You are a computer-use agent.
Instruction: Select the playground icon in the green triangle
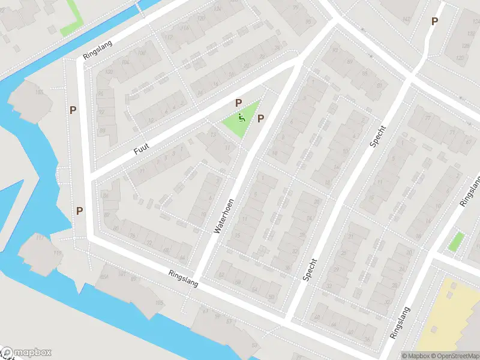pyautogui.click(x=241, y=118)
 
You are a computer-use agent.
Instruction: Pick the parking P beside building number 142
pyautogui.click(x=434, y=21)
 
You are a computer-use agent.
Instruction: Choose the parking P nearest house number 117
pyautogui.click(x=79, y=211)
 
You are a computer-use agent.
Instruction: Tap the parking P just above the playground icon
pyautogui.click(x=238, y=103)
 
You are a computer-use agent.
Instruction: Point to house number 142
pyautogui.click(x=406, y=20)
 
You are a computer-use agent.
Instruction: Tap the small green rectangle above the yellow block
pyautogui.click(x=456, y=242)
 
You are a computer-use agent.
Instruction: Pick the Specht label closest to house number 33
pyautogui.click(x=310, y=269)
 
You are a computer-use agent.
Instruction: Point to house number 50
pyautogui.click(x=271, y=296)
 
